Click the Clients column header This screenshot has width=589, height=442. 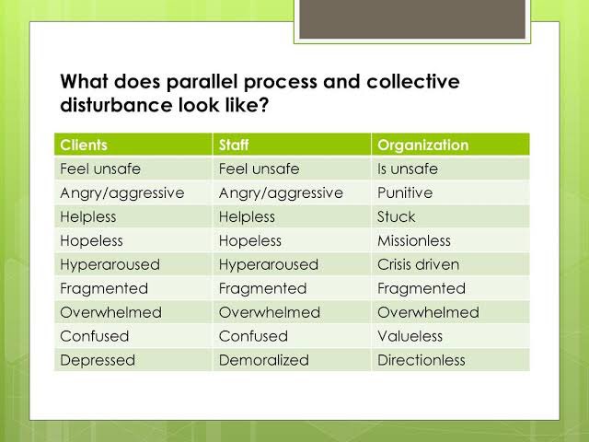tap(83, 145)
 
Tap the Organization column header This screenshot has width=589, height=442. tap(422, 145)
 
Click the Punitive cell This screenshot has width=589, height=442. tap(404, 192)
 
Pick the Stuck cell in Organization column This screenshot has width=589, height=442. tap(396, 216)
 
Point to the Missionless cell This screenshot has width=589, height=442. tap(414, 240)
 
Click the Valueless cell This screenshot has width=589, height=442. tap(410, 336)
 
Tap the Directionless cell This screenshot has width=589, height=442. tap(421, 360)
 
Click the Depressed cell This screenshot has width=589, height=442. tap(98, 360)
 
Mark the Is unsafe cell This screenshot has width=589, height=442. tap(407, 169)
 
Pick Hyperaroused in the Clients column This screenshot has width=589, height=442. tap(110, 264)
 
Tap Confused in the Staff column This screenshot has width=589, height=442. tap(253, 336)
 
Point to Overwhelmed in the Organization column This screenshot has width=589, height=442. tap(428, 312)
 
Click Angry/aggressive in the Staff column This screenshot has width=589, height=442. tap(281, 192)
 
